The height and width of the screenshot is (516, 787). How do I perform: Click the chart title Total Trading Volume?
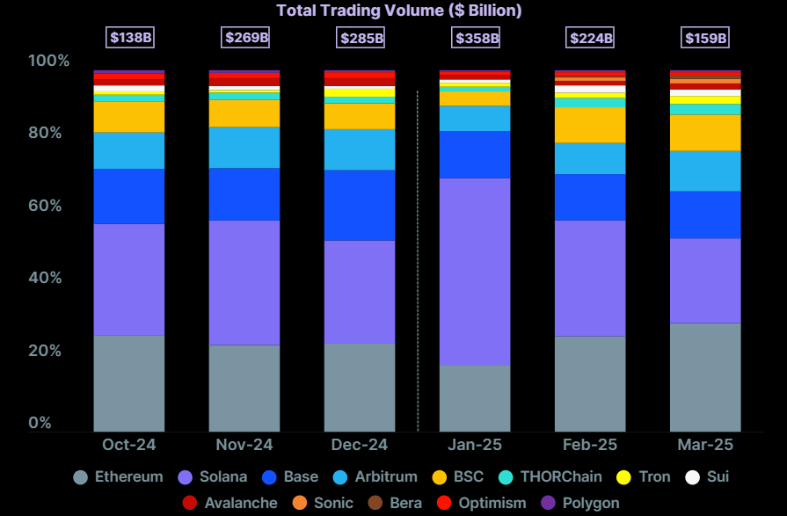[399, 11]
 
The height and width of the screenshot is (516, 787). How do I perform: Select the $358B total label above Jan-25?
[477, 38]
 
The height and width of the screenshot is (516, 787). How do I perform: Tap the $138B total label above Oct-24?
[129, 38]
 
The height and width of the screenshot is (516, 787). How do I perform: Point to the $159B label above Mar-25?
[705, 38]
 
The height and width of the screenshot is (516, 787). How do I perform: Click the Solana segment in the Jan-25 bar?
[475, 272]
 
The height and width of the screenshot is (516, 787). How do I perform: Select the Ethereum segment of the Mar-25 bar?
[705, 377]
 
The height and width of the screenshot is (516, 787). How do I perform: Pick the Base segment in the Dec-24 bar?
[360, 205]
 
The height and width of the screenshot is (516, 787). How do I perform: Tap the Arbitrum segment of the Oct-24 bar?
[129, 150]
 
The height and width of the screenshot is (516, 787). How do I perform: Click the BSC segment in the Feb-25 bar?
[590, 125]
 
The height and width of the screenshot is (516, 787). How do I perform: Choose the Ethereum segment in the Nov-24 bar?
[244, 388]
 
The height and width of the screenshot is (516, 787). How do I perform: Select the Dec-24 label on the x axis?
[360, 445]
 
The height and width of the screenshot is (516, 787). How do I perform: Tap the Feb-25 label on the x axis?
[590, 445]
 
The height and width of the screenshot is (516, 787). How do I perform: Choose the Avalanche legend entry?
[230, 504]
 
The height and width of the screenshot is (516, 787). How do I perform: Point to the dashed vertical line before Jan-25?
[418, 264]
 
